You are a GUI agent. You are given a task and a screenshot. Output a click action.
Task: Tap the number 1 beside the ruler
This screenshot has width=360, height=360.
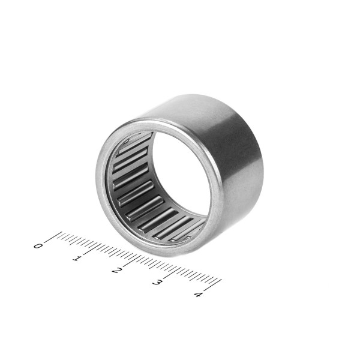click(x=77, y=259)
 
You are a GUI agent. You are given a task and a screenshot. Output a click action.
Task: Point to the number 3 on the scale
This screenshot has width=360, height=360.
click(x=157, y=282)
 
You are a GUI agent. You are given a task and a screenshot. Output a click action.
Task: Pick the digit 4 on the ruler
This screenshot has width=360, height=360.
click(x=198, y=295)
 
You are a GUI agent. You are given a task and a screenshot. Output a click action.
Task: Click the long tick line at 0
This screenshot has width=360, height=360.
click(x=53, y=237)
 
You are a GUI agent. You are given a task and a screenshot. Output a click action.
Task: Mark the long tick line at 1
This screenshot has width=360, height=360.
click(x=92, y=249)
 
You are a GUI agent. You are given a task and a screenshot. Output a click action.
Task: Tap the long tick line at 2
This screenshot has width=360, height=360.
click(x=133, y=261)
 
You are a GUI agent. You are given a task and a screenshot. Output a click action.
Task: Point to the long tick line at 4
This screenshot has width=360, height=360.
click(x=212, y=285)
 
